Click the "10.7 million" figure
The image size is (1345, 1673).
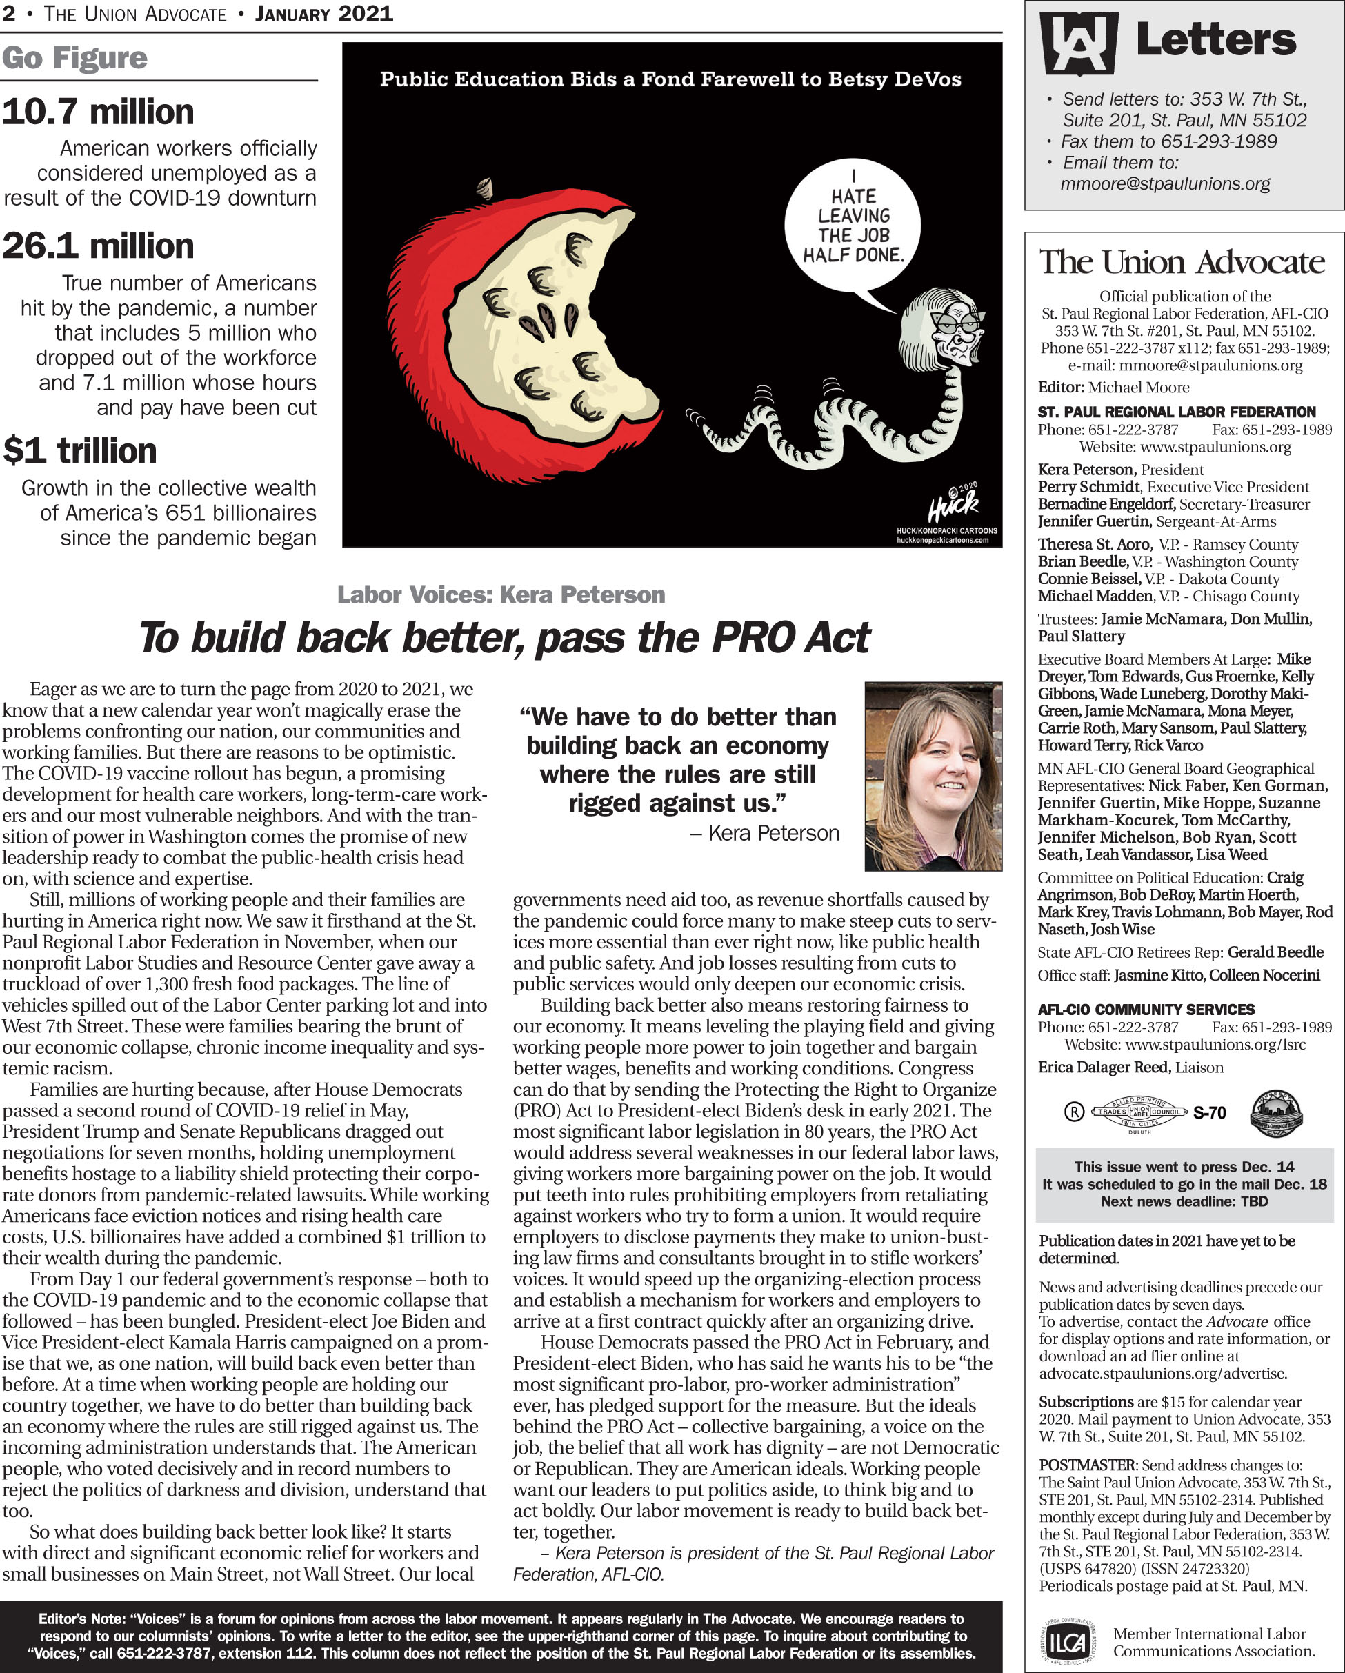[x=98, y=112]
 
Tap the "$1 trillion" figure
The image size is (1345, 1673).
[x=80, y=451]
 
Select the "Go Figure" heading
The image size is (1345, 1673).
[x=74, y=58]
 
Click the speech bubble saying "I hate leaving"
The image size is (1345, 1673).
[x=852, y=226]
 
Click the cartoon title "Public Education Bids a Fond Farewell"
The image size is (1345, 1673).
[x=670, y=79]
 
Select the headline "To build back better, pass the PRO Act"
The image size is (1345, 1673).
[x=504, y=638]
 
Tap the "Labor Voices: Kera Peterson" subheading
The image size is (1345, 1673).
[x=501, y=595]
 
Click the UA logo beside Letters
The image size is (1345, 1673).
[x=1078, y=43]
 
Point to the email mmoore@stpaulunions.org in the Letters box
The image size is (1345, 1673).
[x=1165, y=184]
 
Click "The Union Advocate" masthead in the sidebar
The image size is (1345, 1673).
[x=1182, y=262]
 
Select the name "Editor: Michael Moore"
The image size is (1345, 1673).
[x=1113, y=387]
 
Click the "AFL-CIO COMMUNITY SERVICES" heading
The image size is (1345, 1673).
[x=1146, y=1010]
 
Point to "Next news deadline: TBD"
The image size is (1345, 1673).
[x=1184, y=1202]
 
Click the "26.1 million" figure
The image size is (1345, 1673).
[x=98, y=246]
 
